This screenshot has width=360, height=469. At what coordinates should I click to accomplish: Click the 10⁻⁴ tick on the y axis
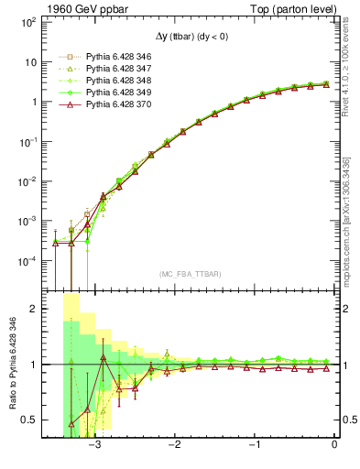coord(27,261)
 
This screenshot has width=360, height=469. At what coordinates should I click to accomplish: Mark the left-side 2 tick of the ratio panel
coord(33,309)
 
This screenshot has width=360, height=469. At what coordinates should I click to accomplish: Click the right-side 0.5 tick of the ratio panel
coord(350,420)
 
